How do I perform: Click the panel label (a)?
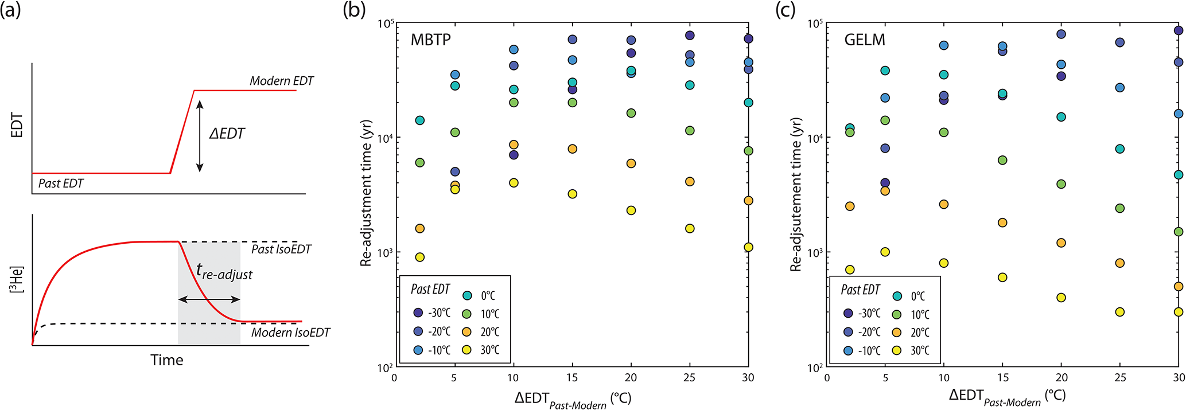(11, 10)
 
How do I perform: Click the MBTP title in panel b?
(430, 40)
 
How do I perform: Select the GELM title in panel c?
(864, 40)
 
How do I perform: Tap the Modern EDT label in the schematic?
(281, 81)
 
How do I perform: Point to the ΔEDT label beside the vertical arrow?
(227, 134)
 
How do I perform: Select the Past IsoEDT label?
(281, 249)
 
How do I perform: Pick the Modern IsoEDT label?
(290, 333)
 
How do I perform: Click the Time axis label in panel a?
(166, 360)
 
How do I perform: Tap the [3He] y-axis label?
(17, 279)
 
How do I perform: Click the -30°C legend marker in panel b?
(419, 313)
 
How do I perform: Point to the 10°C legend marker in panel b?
(467, 314)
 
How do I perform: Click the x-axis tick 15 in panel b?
(572, 378)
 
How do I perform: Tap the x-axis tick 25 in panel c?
(1119, 378)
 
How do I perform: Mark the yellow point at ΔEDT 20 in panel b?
(631, 210)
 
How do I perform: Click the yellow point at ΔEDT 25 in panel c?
(1119, 312)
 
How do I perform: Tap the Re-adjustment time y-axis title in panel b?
(367, 193)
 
